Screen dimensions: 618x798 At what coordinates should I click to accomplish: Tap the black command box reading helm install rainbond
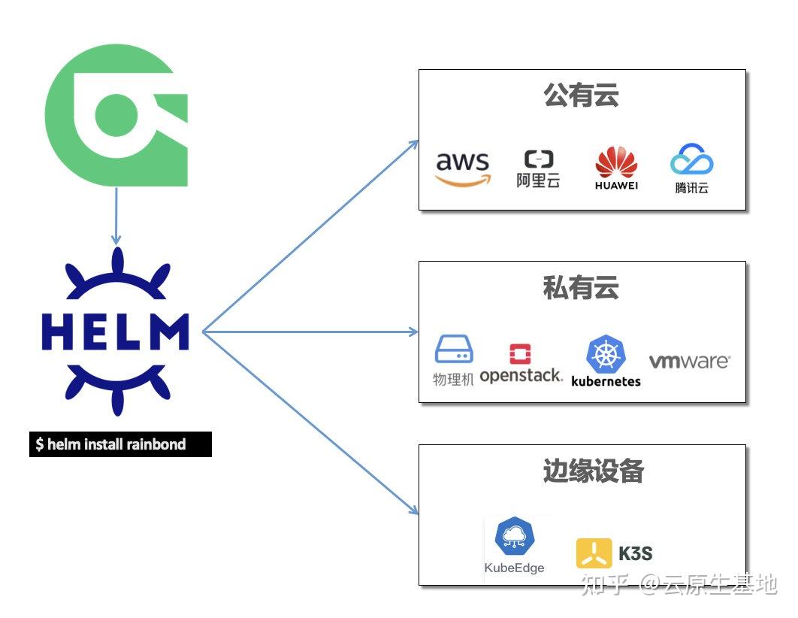(x=120, y=444)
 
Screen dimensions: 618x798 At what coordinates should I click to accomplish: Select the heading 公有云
(x=581, y=95)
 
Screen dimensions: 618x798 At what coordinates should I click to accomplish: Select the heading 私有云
(x=581, y=287)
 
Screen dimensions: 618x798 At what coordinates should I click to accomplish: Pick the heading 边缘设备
(x=594, y=471)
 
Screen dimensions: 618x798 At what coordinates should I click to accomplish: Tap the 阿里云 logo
(x=538, y=168)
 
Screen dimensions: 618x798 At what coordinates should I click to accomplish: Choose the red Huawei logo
(x=616, y=168)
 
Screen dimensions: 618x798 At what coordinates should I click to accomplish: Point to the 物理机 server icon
(x=454, y=351)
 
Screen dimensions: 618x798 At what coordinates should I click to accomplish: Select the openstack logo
(x=520, y=365)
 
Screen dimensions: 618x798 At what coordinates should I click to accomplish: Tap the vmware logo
(x=689, y=362)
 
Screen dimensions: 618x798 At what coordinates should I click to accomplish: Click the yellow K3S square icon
(x=594, y=554)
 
